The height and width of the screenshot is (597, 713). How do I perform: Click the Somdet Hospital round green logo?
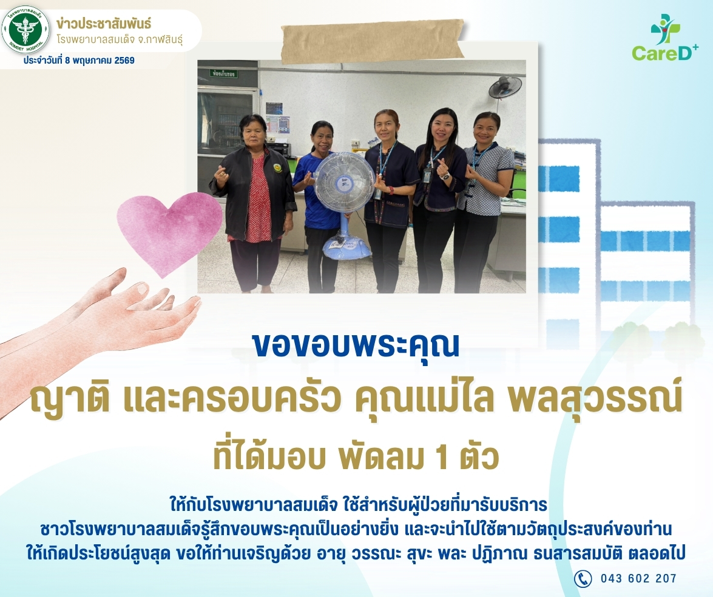tap(25, 30)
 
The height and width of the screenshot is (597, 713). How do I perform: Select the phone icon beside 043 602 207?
tap(583, 578)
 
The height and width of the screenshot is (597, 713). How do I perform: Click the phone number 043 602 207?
tap(638, 578)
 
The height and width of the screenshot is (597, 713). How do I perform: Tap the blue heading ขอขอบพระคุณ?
tap(356, 346)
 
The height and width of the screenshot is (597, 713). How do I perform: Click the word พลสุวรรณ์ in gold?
tap(594, 398)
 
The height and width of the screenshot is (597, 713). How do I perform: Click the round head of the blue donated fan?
tap(344, 182)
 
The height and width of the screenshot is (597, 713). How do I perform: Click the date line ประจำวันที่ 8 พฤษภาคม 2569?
tap(79, 61)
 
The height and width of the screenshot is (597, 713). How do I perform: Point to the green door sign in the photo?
tap(223, 73)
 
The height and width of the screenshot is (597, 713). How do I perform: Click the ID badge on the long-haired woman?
tap(427, 175)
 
